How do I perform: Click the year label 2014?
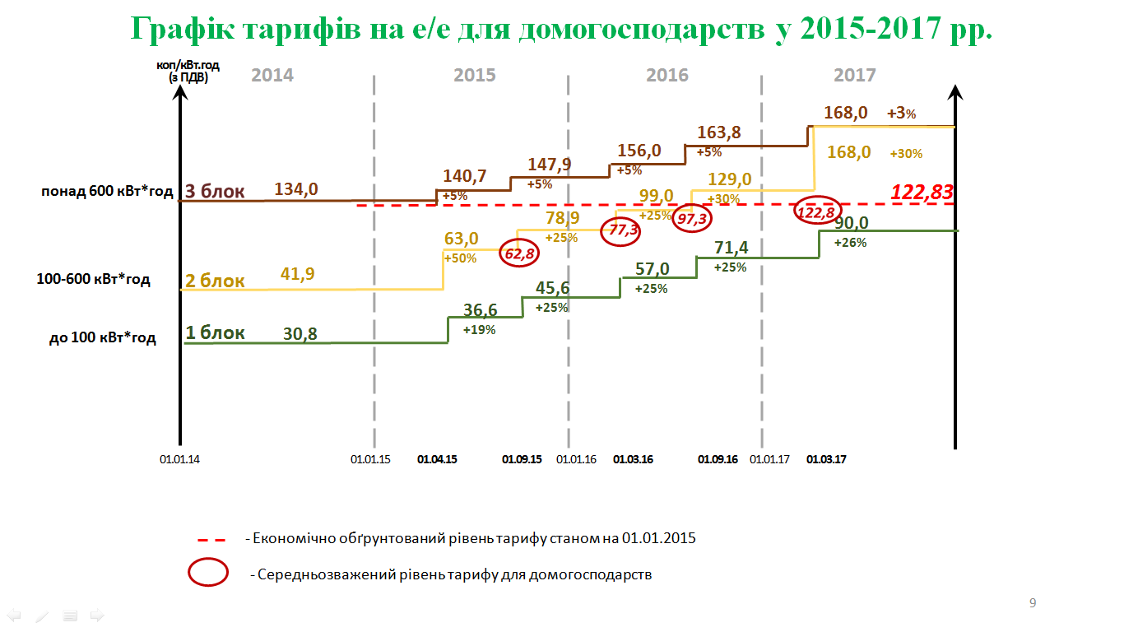pos(272,76)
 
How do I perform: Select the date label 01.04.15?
pos(437,460)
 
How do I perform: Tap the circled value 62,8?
pos(520,254)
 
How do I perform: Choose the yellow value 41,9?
pos(296,274)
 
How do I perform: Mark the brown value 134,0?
pos(295,190)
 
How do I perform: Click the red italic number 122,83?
pos(922,193)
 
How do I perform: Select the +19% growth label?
pos(479,330)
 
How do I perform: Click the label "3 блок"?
pos(215,192)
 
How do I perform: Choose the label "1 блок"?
pos(215,333)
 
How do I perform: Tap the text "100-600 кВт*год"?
pos(94,280)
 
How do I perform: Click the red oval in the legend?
pos(208,573)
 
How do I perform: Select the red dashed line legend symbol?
pos(211,540)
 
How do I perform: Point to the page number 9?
pos(1033,603)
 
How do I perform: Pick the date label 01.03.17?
pos(827,460)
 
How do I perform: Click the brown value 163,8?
pos(719,132)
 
